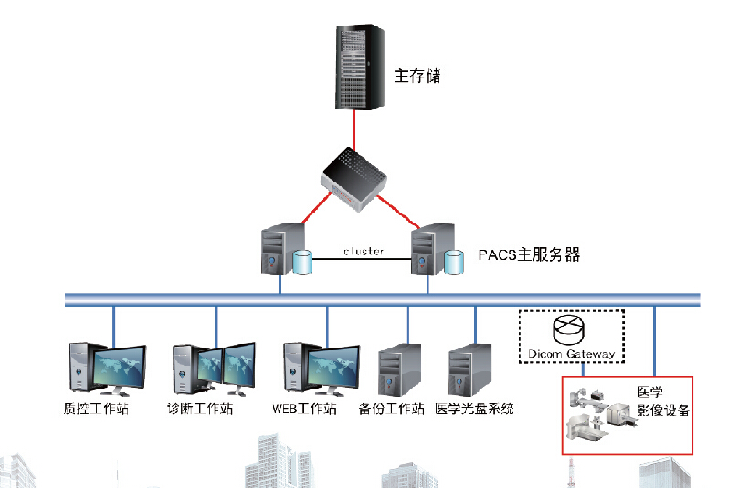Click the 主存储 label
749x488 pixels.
tap(417, 76)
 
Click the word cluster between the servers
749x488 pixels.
tap(363, 251)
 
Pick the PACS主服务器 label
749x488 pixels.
tap(530, 254)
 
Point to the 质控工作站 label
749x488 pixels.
tap(98, 409)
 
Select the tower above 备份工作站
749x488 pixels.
tap(393, 370)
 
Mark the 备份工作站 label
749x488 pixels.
tap(393, 409)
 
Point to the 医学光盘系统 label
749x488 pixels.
tap(475, 409)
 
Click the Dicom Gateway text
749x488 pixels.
tap(572, 353)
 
